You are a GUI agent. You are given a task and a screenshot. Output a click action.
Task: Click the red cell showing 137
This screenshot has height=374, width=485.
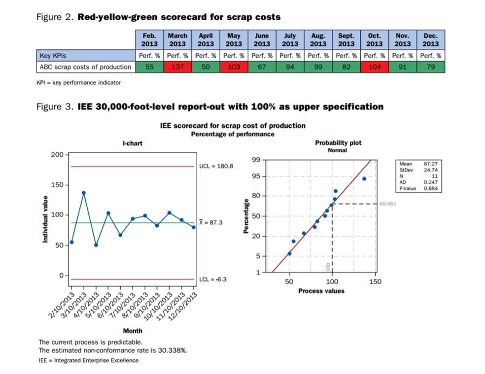pos(177,68)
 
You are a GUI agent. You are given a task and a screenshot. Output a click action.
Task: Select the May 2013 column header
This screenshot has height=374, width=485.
pos(234,40)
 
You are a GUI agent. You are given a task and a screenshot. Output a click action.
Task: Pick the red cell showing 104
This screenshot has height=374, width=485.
pos(375,68)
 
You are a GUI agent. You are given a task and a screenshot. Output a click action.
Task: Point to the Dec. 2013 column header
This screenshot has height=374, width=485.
pos(431,40)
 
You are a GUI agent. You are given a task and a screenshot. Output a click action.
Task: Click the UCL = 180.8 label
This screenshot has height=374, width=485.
pos(216,167)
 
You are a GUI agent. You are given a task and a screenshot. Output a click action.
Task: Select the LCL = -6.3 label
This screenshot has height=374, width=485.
pos(213,279)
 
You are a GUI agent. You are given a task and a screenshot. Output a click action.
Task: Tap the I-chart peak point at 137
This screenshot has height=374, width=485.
pos(84,193)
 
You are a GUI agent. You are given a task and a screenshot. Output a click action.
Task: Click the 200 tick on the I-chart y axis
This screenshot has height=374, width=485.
pos(57,155)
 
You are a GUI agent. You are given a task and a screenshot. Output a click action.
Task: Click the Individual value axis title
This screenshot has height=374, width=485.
pos(45,219)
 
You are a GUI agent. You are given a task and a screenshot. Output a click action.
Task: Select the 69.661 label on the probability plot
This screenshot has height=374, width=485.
pos(388,204)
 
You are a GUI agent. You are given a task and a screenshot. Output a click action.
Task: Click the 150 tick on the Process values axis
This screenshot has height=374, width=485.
pos(375,281)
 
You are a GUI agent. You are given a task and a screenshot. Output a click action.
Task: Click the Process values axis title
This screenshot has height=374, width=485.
pos(321,291)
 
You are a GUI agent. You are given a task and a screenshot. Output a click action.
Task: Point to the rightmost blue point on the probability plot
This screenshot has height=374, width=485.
pos(364,179)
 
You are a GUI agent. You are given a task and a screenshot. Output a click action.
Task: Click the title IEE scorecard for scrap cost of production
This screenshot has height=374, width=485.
pos(233,126)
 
